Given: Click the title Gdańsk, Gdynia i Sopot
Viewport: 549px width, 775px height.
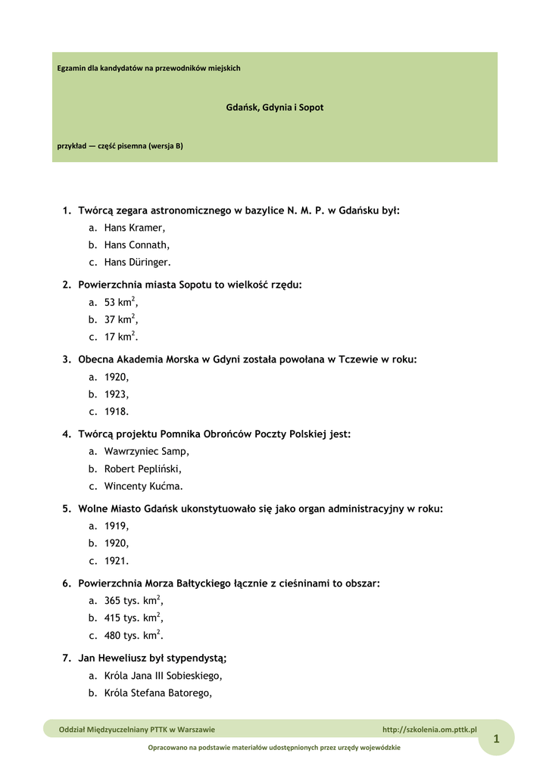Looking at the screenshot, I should click(274, 107).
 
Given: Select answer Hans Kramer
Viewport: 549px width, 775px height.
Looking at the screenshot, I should click(134, 228).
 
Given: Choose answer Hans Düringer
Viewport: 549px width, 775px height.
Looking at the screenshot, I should click(137, 263).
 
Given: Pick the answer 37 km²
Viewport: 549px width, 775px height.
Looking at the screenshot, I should click(120, 319).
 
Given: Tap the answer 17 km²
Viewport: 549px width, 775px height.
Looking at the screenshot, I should click(120, 338).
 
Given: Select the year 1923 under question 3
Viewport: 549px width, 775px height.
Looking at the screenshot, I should click(117, 394).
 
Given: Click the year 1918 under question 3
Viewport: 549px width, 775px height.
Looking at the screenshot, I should click(117, 412).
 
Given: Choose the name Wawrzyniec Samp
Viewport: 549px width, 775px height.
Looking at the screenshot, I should click(146, 451).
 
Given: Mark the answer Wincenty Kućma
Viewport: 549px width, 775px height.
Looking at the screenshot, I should click(143, 487).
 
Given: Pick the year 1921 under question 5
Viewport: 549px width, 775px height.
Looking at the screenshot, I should click(117, 562).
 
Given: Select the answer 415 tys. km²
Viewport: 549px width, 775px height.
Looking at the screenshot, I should click(133, 618).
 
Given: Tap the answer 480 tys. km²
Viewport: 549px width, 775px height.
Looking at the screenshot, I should click(133, 636).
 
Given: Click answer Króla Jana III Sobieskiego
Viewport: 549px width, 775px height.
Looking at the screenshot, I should click(163, 676).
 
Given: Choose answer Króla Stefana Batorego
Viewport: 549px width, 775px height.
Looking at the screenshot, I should click(158, 693).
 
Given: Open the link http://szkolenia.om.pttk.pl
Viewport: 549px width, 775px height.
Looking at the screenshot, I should click(429, 730).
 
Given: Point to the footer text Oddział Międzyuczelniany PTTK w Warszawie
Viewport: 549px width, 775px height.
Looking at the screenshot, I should click(137, 730).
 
